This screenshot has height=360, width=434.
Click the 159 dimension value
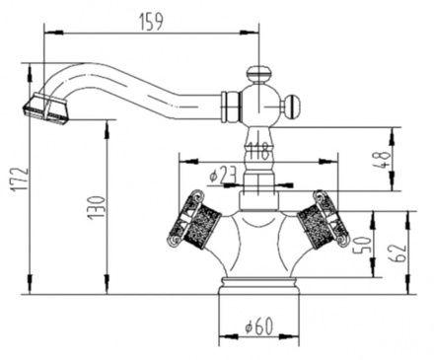click(151, 22)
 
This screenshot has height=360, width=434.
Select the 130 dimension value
click(97, 207)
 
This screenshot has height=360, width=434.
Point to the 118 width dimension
click(259, 152)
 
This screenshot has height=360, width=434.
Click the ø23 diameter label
click(224, 175)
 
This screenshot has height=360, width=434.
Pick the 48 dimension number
click(383, 160)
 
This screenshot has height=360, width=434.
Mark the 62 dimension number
click(398, 252)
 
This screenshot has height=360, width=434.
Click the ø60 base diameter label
click(259, 326)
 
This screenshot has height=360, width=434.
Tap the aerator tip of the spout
click(46, 109)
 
